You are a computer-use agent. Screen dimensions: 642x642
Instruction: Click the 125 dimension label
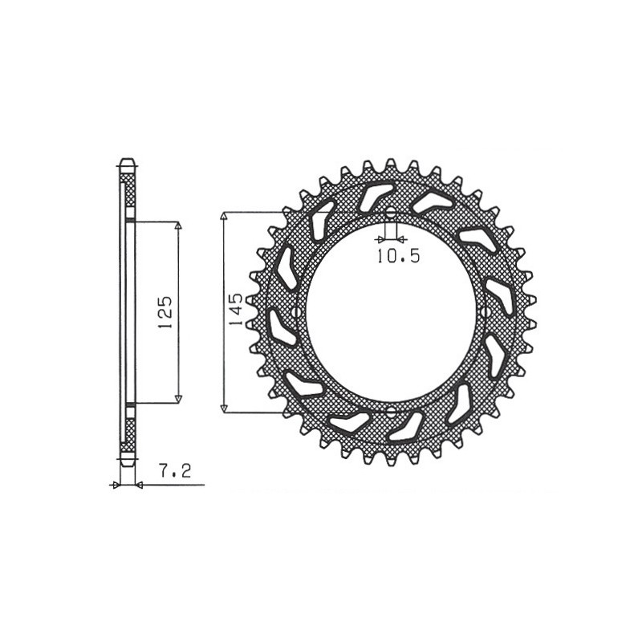click(x=165, y=312)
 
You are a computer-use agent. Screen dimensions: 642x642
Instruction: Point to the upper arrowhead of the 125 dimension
click(x=178, y=226)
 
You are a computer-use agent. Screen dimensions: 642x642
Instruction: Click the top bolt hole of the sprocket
click(x=390, y=213)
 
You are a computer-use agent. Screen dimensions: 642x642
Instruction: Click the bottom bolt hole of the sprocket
click(x=390, y=412)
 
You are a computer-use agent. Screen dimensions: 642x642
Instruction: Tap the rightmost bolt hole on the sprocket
click(x=489, y=312)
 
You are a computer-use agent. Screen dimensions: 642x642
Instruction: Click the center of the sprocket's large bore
click(x=390, y=312)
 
